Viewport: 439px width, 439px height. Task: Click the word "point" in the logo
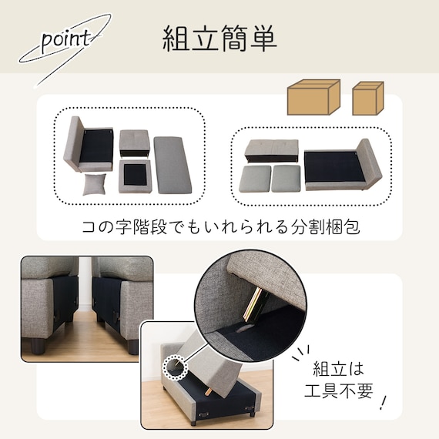pos(66,41)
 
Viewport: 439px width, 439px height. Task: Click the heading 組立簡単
pos(219,39)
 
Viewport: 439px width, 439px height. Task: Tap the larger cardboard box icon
pos(313,97)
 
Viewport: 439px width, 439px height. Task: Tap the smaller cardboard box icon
pos(368,99)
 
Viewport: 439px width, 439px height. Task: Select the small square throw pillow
pos(95,183)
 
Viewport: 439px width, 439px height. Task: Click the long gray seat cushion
pos(173,165)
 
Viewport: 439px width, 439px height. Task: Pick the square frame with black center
pos(135,176)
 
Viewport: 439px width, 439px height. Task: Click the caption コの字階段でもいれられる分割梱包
pos(221,226)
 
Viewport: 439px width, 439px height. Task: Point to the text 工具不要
pos(339,390)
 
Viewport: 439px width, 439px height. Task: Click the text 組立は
pos(338,369)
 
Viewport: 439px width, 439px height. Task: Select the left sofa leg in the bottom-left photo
pos(38,345)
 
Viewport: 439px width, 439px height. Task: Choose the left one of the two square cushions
pos(255,179)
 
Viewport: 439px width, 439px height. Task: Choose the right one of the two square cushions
pos(286,179)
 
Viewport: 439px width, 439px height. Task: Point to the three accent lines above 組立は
pos(302,354)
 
